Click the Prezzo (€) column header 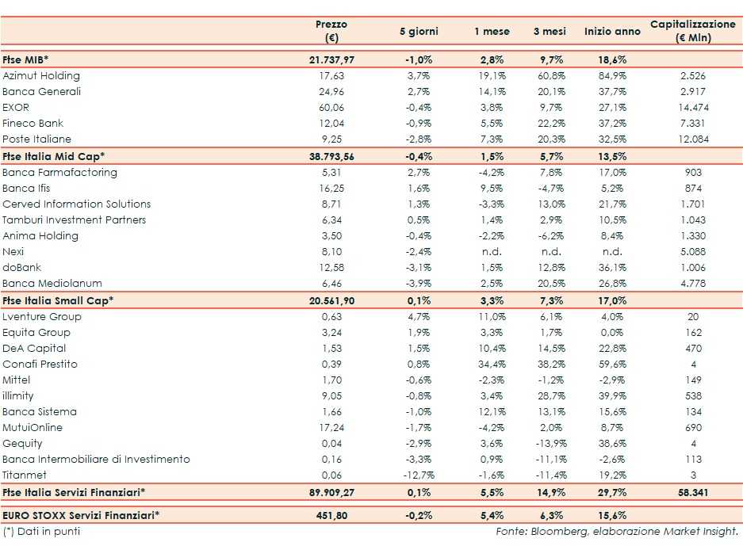click(331, 31)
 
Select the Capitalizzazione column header click(692, 31)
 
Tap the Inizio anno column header click(612, 32)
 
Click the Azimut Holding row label click(41, 76)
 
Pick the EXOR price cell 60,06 click(331, 108)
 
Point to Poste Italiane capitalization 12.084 click(692, 139)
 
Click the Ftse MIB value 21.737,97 click(331, 60)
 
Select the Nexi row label click(13, 252)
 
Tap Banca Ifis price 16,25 click(331, 189)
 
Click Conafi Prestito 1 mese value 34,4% click(492, 365)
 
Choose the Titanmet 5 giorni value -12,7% click(418, 475)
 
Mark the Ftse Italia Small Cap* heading click(58, 300)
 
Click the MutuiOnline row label click(33, 428)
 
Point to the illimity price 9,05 click(331, 396)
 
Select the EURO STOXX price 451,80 click(331, 515)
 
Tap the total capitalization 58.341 click(692, 493)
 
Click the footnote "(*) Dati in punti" click(41, 531)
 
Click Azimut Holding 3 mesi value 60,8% click(550, 76)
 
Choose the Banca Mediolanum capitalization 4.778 click(692, 284)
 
